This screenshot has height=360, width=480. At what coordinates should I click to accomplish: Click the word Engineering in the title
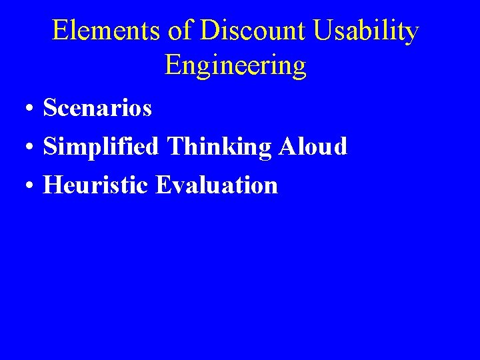235,66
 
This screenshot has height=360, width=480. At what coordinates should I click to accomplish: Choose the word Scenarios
97,108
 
